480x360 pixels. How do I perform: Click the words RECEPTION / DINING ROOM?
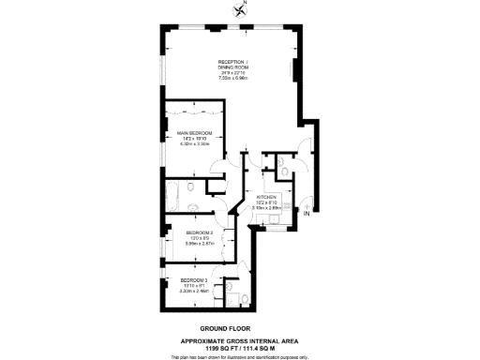232,64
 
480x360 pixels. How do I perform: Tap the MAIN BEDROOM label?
195,134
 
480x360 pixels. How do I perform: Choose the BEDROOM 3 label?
194,280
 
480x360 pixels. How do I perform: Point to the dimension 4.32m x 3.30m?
195,144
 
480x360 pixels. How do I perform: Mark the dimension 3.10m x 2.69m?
269,207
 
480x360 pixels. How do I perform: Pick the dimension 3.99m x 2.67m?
200,243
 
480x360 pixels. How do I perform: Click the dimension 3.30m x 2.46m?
194,291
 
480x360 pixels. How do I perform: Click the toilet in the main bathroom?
192,187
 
